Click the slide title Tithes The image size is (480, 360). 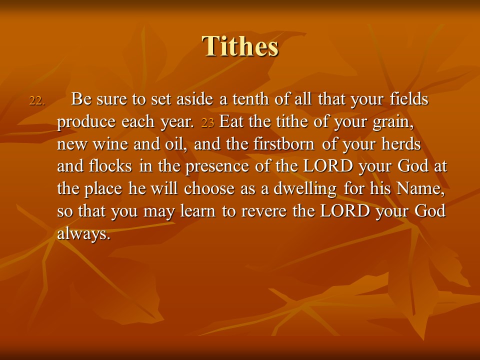240,46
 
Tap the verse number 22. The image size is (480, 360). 37,100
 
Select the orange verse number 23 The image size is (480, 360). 207,123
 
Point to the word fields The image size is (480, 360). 409,99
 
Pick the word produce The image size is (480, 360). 86,122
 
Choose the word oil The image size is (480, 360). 176,144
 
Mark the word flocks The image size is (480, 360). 110,166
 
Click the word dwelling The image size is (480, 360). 305,189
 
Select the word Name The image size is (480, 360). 420,188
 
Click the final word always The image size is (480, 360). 83,234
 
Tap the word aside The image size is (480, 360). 194,99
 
